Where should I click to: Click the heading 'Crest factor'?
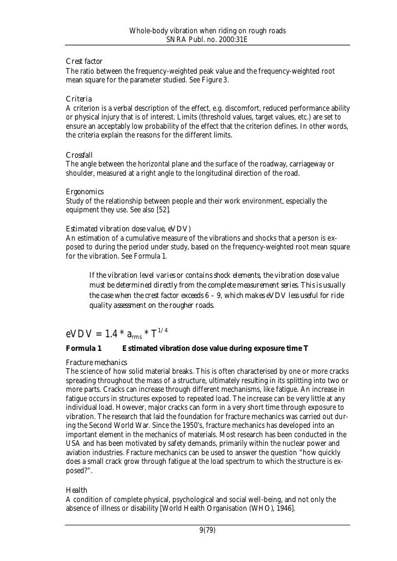84,61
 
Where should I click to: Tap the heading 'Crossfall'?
81,155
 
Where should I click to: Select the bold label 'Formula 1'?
83,348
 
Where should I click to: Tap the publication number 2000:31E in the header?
229,40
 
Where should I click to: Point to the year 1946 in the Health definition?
282,509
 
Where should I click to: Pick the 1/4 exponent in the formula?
163,329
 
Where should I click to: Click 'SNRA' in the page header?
174,40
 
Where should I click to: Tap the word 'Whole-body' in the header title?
148,31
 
